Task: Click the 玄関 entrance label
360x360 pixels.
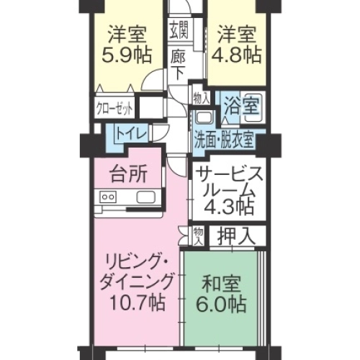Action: coord(179,30)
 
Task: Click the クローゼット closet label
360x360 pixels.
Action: coord(115,109)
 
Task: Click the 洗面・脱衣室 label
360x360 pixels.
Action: coord(224,139)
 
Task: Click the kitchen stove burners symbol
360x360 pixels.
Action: coord(109,197)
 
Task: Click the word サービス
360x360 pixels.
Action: coord(225,174)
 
